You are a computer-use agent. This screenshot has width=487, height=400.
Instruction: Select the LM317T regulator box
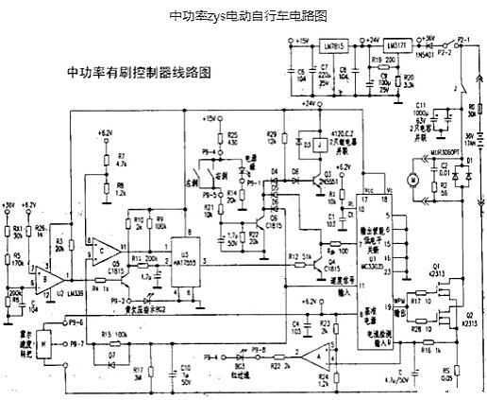point(396,44)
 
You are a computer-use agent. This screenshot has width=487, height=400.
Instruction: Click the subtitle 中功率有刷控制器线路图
point(138,73)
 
